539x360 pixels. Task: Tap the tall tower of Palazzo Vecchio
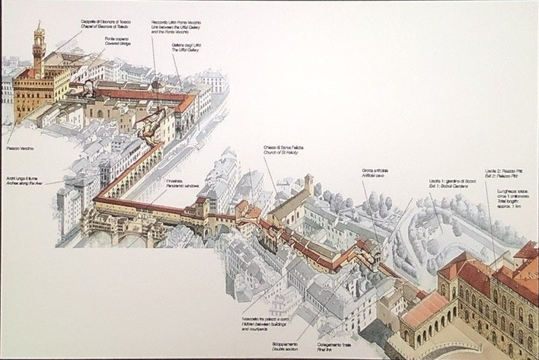pyautogui.click(x=39, y=46)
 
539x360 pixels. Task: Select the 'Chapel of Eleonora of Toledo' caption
pyautogui.click(x=101, y=25)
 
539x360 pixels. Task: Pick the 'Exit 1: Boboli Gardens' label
pyautogui.click(x=451, y=185)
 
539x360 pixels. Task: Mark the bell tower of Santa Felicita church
pyautogui.click(x=308, y=183)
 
